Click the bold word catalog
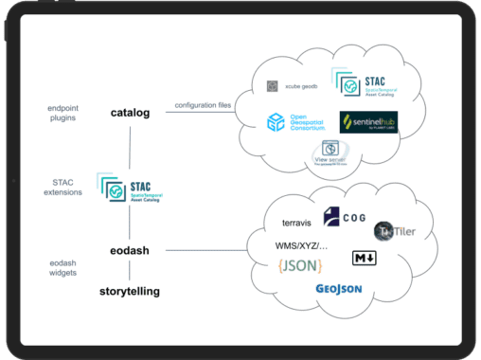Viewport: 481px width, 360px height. coord(130,113)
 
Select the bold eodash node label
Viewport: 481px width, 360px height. coord(130,250)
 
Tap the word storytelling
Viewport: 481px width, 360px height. coord(130,291)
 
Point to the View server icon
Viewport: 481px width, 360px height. coord(330,152)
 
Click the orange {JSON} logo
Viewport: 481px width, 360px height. coord(299,265)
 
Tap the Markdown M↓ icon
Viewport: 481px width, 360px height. coord(363,259)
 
